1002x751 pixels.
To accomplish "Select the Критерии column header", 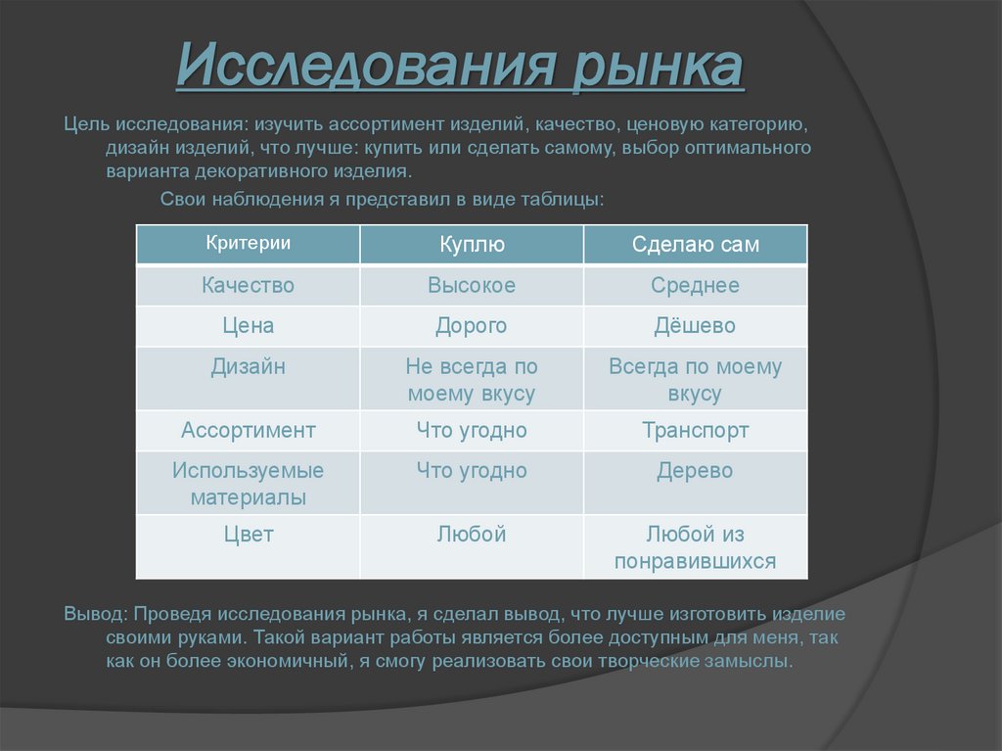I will pos(249,244).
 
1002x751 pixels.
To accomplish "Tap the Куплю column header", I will pos(472,245).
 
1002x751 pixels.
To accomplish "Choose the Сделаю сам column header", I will pos(696,245).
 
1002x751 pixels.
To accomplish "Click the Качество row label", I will pos(249,286).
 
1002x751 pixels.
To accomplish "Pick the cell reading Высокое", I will pos(472,286).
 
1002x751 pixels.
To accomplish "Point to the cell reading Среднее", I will pos(696,286).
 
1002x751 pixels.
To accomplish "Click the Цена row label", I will pos(249,326).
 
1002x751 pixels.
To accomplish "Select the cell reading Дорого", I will pos(472,326).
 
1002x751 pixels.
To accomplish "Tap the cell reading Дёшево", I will pos(696,326).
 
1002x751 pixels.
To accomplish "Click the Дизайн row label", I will pos(249,367).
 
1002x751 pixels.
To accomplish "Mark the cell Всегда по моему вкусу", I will pos(696,380).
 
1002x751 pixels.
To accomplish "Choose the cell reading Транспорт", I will pos(696,430).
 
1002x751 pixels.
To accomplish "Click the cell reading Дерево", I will pos(696,471).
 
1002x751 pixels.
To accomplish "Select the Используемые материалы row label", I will pos(249,484).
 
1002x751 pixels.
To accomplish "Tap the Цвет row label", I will pos(249,535).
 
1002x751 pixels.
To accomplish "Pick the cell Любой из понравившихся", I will pos(696,547).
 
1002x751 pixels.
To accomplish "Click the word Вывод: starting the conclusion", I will pos(95,615).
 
